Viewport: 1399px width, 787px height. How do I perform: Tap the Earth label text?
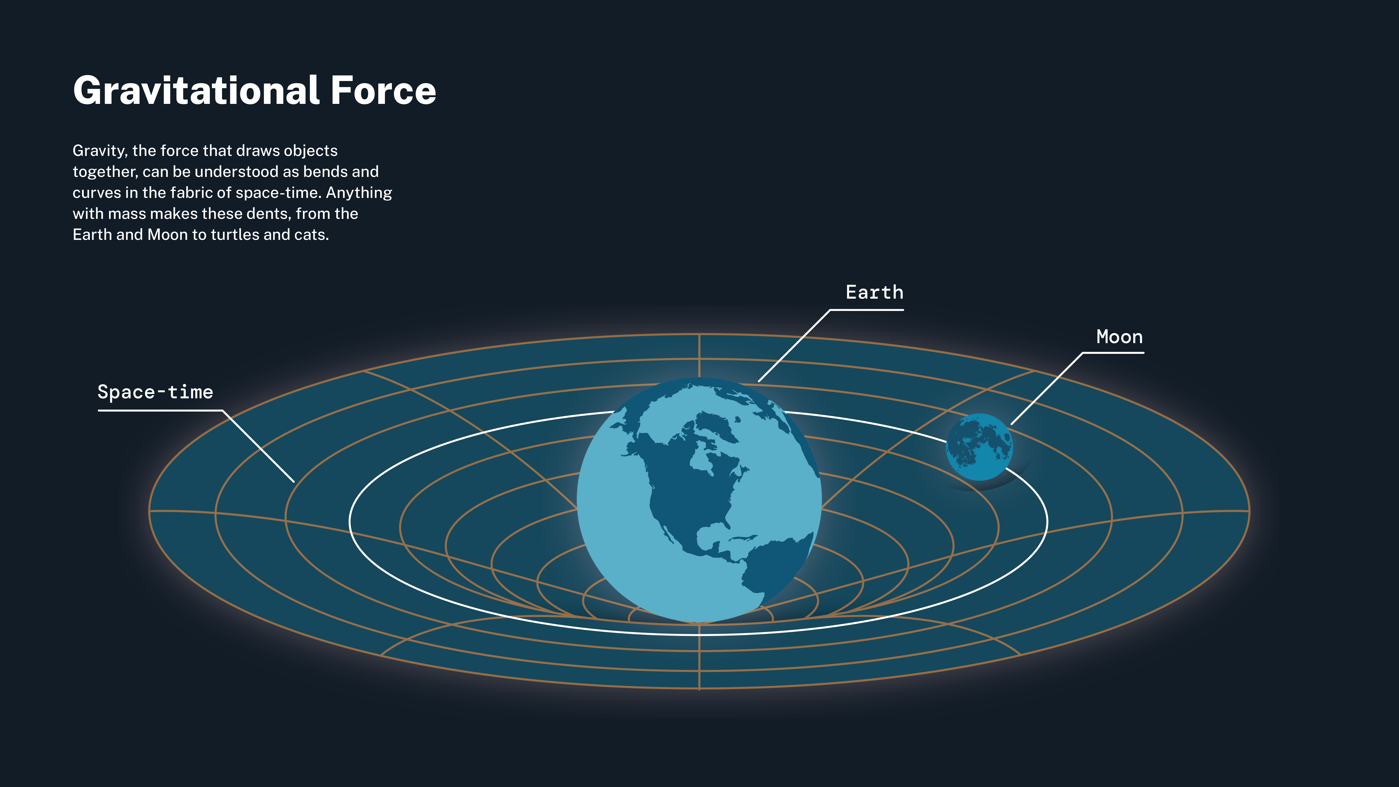point(874,292)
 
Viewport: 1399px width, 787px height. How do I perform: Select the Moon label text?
point(1119,337)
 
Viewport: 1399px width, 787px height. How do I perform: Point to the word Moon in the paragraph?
point(167,235)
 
